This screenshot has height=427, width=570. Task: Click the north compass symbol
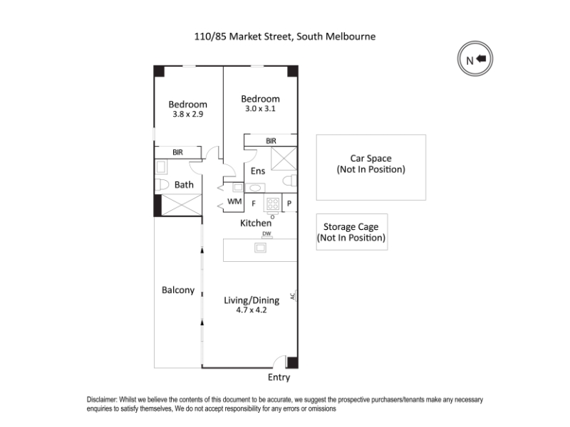click(475, 60)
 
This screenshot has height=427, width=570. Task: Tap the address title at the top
click(285, 35)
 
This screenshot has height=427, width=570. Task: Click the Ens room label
click(257, 171)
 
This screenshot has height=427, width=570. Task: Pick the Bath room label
click(184, 185)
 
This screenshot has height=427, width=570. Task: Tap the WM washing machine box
click(234, 202)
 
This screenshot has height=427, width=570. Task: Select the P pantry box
click(290, 204)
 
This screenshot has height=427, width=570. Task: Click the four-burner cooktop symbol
click(272, 204)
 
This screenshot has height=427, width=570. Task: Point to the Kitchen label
click(255, 223)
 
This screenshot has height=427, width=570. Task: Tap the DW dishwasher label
click(266, 233)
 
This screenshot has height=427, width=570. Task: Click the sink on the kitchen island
click(261, 248)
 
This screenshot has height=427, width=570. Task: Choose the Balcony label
click(177, 290)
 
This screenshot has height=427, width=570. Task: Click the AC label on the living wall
click(292, 295)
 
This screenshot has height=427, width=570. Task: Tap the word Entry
click(279, 377)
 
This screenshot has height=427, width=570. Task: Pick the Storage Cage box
click(351, 232)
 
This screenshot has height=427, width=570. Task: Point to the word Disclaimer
click(103, 400)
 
